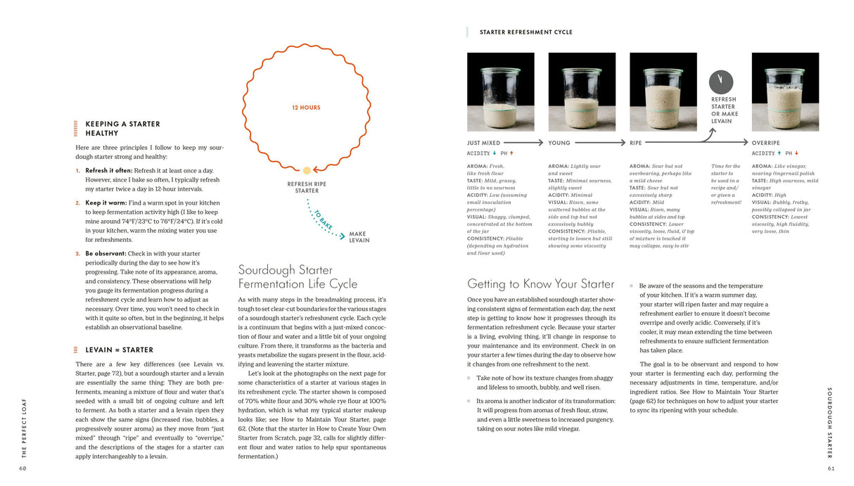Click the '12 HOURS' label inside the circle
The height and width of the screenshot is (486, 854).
[306, 108]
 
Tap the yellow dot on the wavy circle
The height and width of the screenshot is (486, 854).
[307, 170]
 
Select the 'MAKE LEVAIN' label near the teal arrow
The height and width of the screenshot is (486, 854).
[359, 237]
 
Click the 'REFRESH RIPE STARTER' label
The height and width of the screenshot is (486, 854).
[307, 187]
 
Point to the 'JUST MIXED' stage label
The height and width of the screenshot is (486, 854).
[483, 143]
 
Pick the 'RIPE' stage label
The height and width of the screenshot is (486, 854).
[635, 143]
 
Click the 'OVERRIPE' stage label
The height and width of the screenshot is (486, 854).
[766, 143]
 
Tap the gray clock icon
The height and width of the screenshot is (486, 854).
[721, 82]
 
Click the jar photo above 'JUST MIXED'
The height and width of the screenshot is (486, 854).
[500, 91]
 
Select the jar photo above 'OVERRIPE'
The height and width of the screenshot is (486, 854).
[785, 91]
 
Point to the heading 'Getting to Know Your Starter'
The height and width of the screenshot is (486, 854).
[540, 284]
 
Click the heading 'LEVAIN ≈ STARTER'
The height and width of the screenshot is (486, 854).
[119, 350]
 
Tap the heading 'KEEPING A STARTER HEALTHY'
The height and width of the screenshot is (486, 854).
[122, 128]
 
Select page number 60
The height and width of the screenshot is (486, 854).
[24, 468]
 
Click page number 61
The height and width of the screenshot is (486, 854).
[830, 468]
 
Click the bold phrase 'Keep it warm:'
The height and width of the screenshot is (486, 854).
[107, 203]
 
